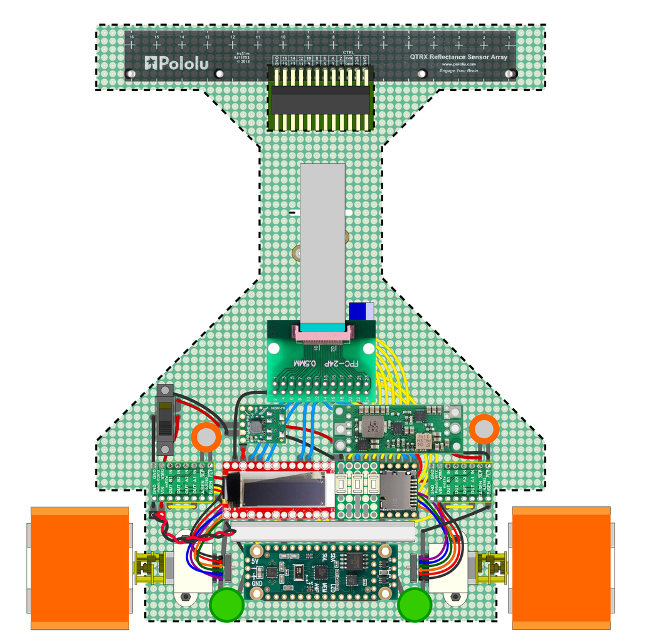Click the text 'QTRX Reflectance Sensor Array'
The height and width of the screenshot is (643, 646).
tap(458, 57)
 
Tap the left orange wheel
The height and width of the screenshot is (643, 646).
tap(80, 567)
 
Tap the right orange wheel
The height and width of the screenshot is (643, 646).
tap(561, 567)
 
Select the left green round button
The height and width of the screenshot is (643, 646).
tap(226, 605)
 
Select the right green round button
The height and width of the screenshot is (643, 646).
tap(415, 605)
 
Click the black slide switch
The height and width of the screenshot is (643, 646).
tap(165, 420)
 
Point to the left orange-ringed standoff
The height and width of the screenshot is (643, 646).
tap(206, 435)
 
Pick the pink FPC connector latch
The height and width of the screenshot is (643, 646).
tap(322, 337)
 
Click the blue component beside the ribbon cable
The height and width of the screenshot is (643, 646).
tap(361, 311)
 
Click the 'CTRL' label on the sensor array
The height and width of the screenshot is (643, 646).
tap(349, 53)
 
